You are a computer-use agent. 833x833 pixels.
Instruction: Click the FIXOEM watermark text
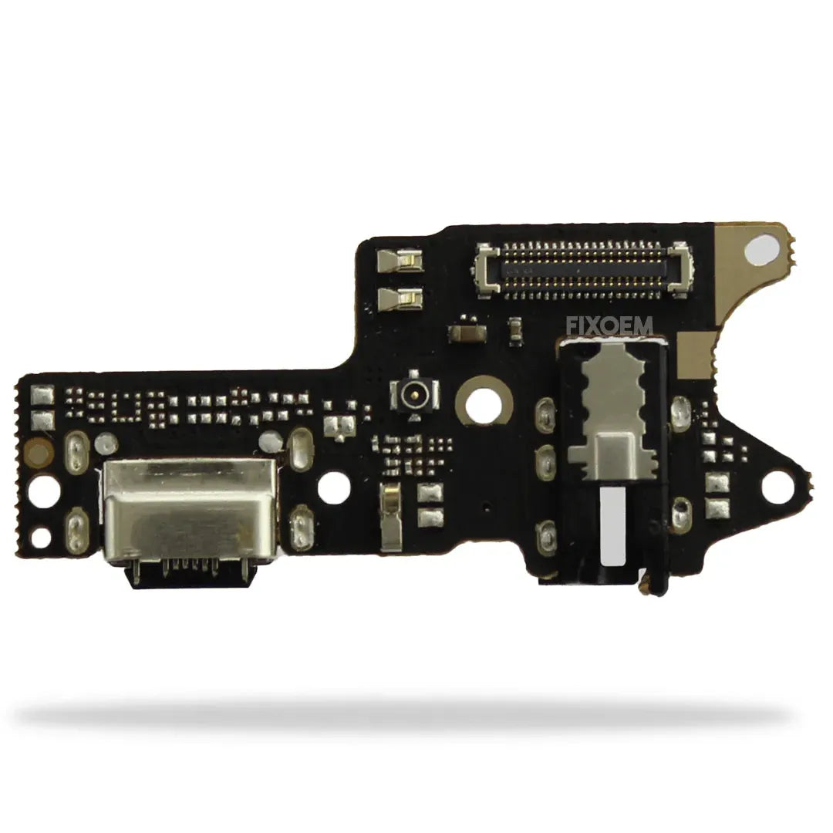609,325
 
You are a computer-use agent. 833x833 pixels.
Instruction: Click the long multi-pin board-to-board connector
583,269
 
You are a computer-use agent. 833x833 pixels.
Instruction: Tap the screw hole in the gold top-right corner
760,250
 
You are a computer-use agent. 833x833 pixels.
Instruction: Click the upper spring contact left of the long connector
400,261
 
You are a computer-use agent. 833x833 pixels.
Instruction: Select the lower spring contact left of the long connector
400,298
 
